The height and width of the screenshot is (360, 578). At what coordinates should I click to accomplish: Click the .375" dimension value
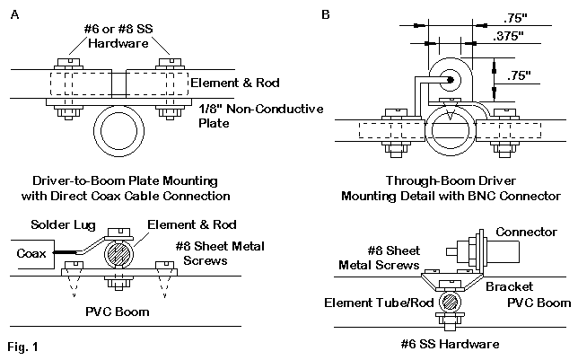[509, 37]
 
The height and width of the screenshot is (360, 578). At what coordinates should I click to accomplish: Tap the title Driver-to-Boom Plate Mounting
[121, 178]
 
